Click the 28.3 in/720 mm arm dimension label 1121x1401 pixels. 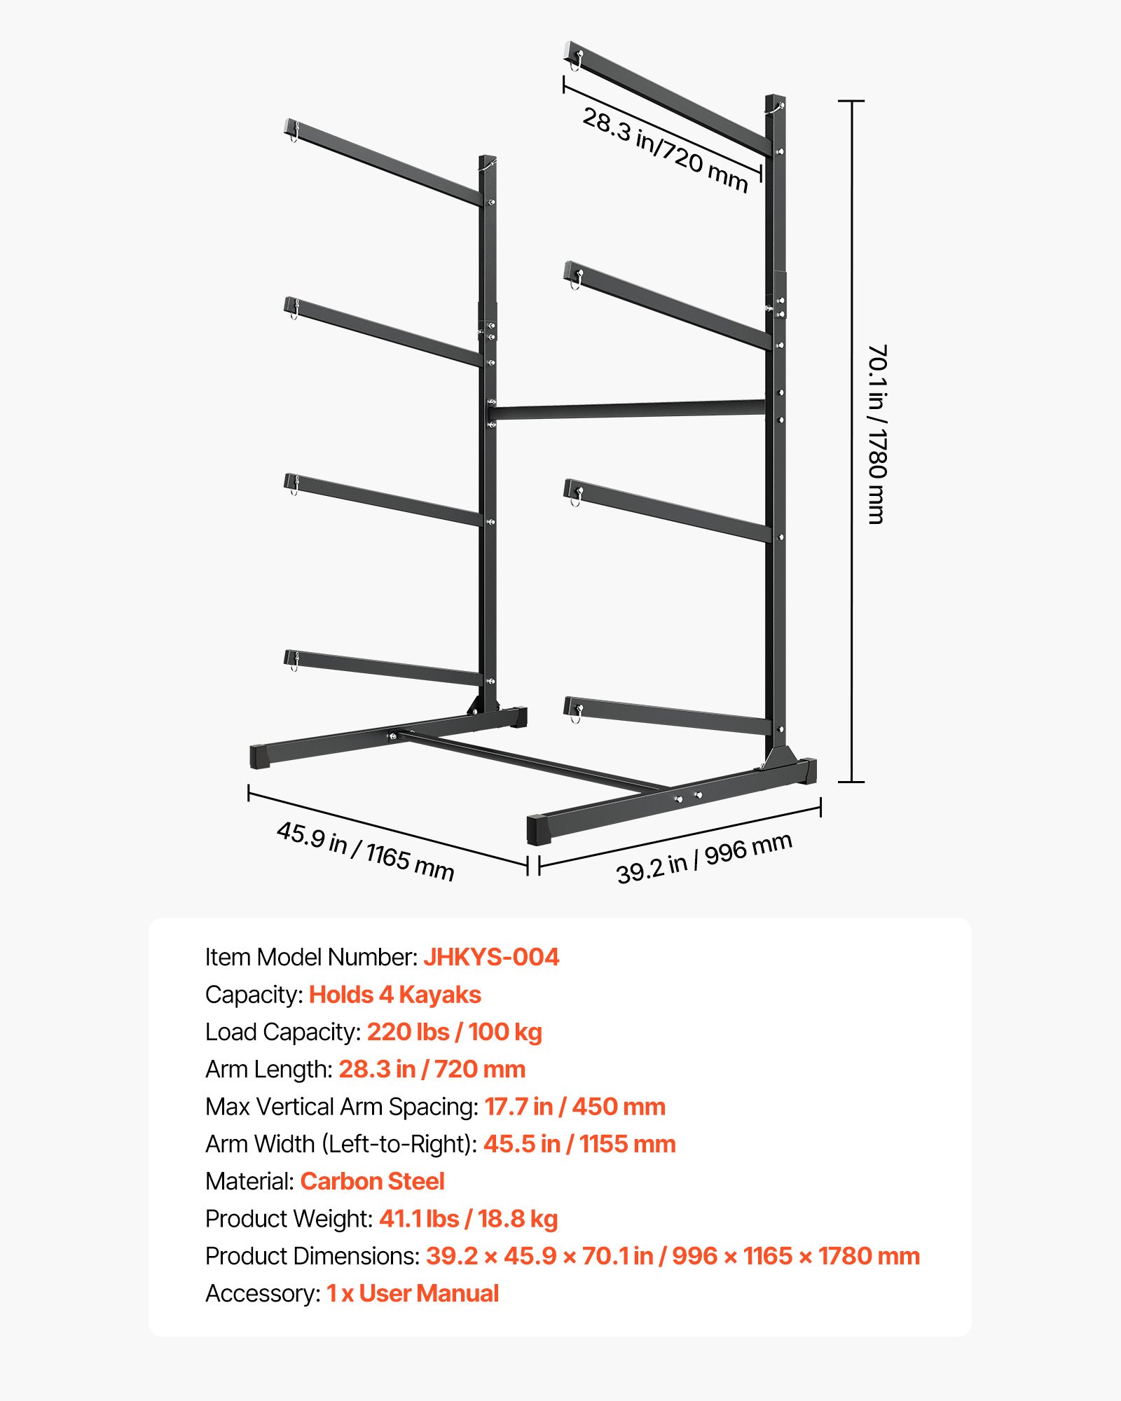click(x=666, y=150)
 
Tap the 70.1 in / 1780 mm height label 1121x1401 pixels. click(x=877, y=434)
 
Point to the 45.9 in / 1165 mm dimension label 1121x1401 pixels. click(x=365, y=850)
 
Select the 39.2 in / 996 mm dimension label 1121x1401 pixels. click(x=704, y=857)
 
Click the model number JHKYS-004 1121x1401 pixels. click(x=491, y=957)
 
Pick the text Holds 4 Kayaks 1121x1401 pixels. click(x=395, y=995)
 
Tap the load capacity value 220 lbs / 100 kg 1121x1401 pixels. click(x=455, y=1032)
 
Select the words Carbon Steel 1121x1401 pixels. click(x=372, y=1181)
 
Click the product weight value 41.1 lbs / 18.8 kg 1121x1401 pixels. click(x=468, y=1219)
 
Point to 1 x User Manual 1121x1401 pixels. click(x=413, y=1293)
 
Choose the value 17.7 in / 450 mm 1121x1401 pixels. click(x=575, y=1107)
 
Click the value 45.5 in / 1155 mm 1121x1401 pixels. click(x=579, y=1144)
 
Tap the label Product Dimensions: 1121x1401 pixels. click(x=312, y=1256)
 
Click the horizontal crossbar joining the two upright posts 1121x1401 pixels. click(x=631, y=409)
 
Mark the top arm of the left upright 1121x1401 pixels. click(x=385, y=163)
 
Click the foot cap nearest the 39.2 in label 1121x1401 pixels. click(x=540, y=831)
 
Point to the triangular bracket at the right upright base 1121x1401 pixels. click(x=778, y=757)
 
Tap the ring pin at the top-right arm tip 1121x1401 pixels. click(x=576, y=62)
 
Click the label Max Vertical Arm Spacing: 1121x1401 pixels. click(x=341, y=1107)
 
